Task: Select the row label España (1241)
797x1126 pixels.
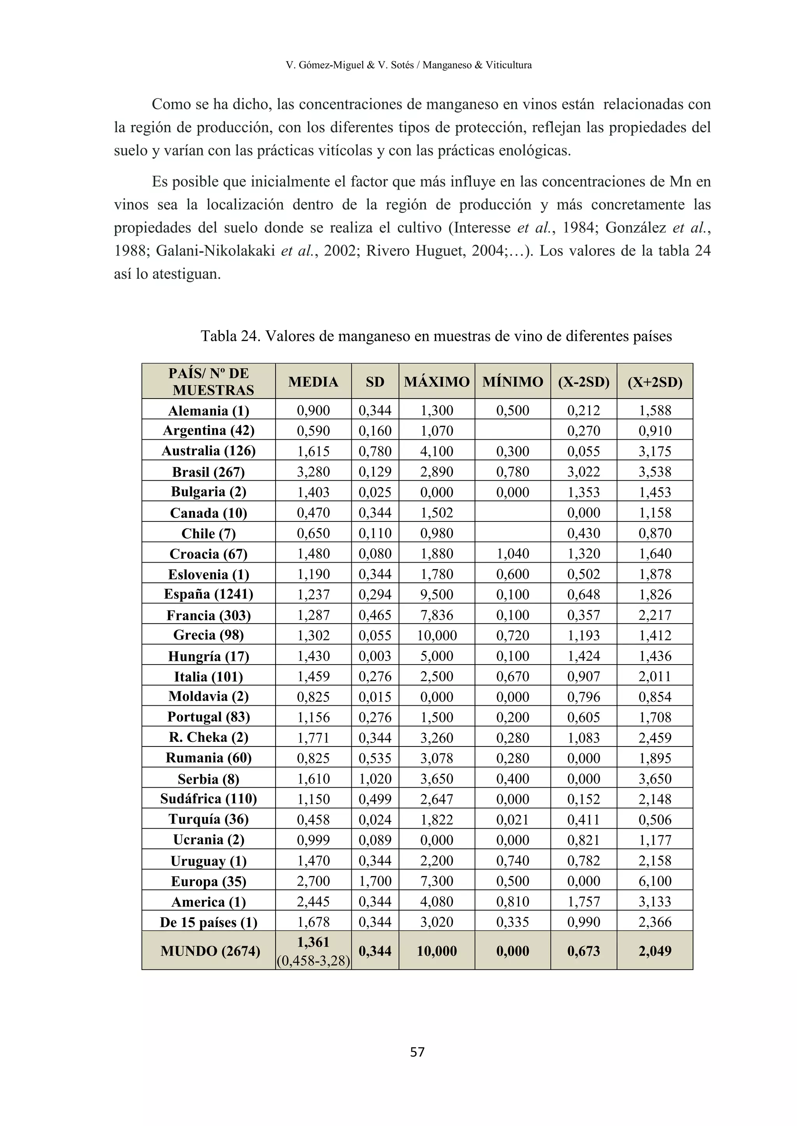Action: [x=209, y=594]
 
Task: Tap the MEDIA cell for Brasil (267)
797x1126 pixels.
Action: [x=313, y=472]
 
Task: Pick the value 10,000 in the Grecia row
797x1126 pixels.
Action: [x=436, y=636]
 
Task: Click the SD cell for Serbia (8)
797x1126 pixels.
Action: [x=375, y=779]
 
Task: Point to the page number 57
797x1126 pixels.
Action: [x=417, y=1051]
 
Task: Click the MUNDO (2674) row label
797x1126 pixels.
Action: [x=210, y=951]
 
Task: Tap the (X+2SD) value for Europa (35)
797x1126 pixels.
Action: [x=655, y=881]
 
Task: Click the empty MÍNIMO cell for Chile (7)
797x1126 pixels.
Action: [x=513, y=533]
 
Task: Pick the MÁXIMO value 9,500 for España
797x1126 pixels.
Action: [x=436, y=594]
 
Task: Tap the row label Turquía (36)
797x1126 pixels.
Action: [x=209, y=820]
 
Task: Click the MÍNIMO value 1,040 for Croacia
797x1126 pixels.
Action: [x=513, y=554]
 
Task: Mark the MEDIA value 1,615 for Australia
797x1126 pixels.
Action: [x=313, y=451]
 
